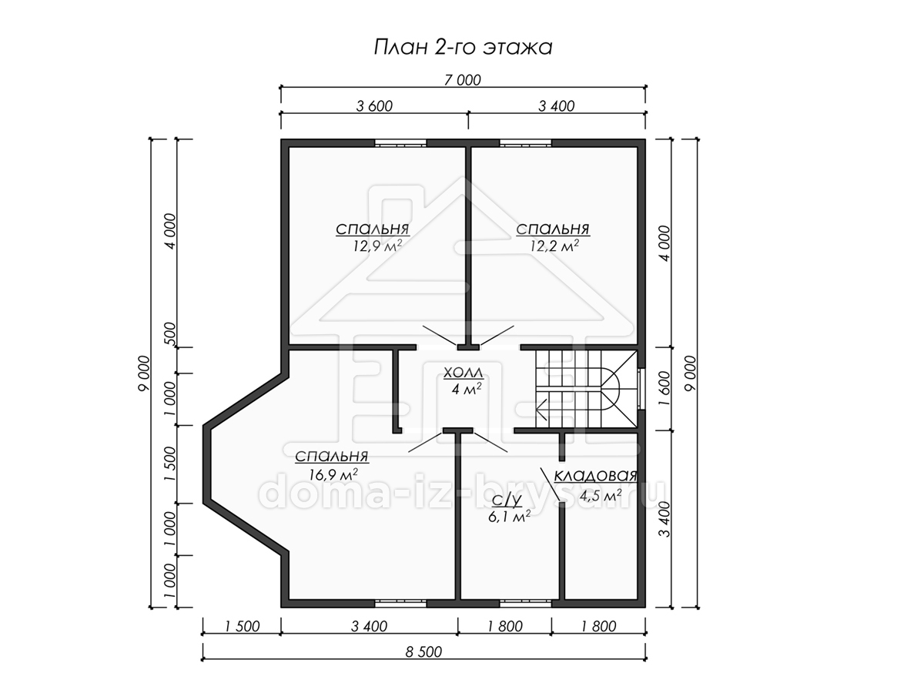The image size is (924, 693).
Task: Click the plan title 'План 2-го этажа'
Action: point(463,47)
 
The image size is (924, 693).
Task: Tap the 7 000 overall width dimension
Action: point(462,80)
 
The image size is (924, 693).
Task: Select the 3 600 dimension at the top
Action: point(374,106)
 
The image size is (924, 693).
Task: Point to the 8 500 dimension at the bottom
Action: point(423,651)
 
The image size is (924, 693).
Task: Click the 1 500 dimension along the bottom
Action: point(242,626)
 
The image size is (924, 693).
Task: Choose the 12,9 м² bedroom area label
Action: point(377,246)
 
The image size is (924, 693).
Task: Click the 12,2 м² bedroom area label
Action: point(554,246)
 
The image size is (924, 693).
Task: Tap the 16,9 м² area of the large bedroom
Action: point(333,474)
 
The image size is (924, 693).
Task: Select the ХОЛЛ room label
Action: point(464,373)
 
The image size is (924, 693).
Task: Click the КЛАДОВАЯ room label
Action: point(595,476)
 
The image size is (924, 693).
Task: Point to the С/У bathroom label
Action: point(507,500)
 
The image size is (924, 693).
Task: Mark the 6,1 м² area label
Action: point(509,516)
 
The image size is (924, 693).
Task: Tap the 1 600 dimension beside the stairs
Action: point(665,388)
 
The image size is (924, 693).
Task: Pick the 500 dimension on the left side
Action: point(170,333)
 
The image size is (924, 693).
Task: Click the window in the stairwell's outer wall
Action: point(641,389)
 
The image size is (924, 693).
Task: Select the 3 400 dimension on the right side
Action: point(665,519)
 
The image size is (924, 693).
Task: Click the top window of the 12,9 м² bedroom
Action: point(400,143)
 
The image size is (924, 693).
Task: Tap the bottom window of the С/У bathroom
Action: point(525,604)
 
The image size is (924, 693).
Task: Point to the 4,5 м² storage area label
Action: point(601,495)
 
